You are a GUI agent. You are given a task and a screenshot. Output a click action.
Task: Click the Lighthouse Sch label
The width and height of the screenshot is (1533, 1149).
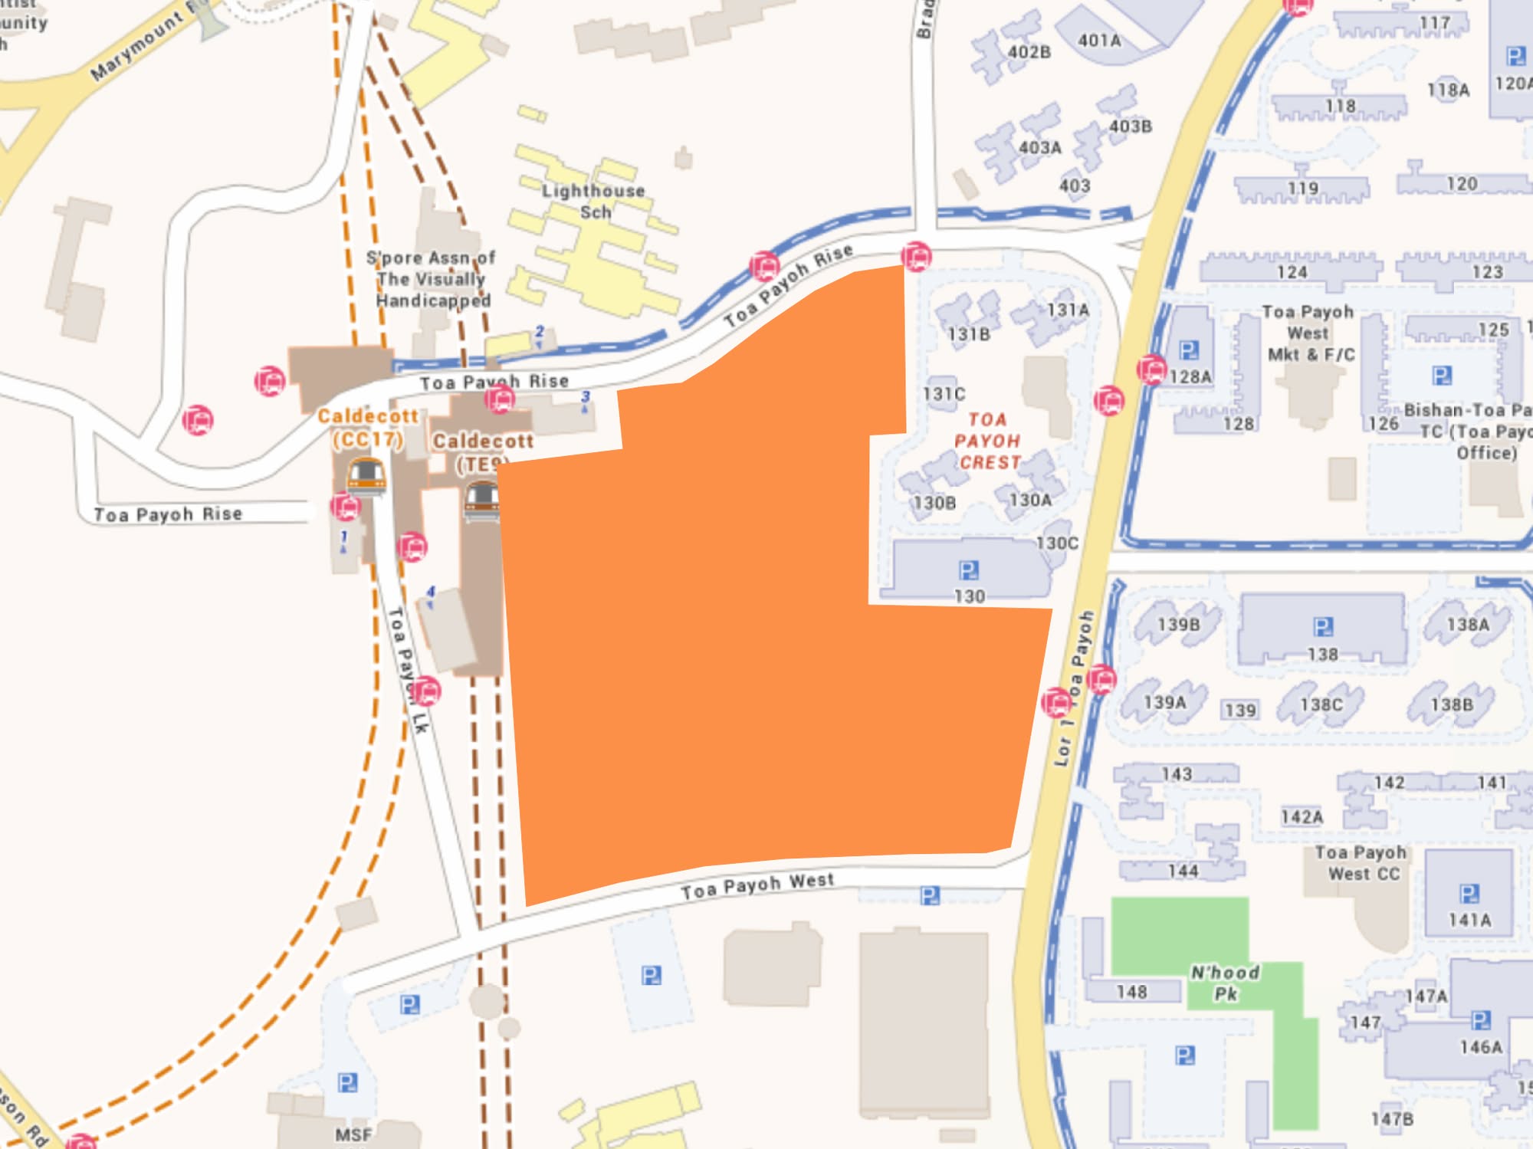click(x=593, y=201)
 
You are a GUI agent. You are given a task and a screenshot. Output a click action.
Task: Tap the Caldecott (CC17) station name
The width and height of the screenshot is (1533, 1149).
click(x=368, y=428)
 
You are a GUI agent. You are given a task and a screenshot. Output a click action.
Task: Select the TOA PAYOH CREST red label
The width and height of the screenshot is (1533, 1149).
click(x=987, y=441)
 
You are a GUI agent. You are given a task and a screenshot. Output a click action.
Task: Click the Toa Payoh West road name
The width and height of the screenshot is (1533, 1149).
click(x=757, y=885)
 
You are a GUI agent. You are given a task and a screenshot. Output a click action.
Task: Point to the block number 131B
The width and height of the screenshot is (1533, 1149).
click(x=969, y=334)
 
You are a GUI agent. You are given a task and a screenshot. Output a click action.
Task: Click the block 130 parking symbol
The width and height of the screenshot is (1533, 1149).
click(x=969, y=570)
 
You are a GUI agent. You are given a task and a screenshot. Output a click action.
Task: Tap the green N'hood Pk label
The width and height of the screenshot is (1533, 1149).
click(x=1225, y=983)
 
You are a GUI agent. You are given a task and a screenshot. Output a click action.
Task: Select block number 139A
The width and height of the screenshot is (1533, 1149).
click(x=1164, y=702)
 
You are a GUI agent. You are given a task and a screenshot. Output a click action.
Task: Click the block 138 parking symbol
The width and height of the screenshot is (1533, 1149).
click(x=1323, y=627)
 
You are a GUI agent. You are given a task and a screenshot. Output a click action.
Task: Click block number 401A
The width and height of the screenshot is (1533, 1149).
click(x=1099, y=41)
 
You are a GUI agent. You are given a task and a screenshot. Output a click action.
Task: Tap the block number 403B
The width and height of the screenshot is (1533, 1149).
click(x=1130, y=126)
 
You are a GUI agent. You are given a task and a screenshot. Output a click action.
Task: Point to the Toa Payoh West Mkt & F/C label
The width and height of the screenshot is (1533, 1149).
click(x=1308, y=333)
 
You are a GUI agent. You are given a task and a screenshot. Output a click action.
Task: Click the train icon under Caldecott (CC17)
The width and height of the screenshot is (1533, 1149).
click(x=366, y=475)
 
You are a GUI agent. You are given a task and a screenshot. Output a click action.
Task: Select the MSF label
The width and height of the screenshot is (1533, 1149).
click(x=353, y=1134)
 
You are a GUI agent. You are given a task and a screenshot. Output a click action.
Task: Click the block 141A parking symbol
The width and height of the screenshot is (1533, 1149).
click(x=1469, y=894)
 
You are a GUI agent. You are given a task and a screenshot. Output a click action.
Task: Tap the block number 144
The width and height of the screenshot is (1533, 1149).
click(x=1183, y=871)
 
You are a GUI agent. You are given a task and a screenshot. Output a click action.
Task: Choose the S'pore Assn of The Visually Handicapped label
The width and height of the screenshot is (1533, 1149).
click(x=432, y=279)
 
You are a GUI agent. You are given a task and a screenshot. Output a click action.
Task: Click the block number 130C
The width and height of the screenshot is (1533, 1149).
click(x=1057, y=543)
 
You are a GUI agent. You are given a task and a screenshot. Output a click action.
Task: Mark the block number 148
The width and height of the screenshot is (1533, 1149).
click(x=1131, y=992)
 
